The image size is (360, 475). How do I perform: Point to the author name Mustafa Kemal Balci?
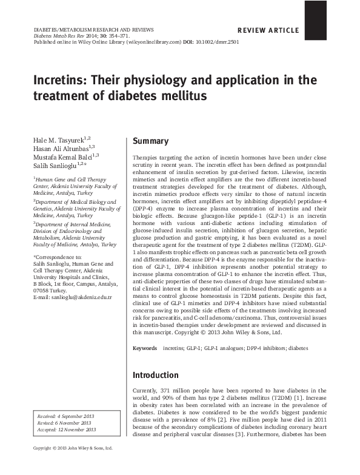point(59,157)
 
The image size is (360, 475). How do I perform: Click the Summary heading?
point(150,141)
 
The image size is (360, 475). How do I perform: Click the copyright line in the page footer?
point(72,465)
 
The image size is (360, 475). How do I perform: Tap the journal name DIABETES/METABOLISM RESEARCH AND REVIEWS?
point(93,29)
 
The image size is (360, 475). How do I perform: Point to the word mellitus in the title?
point(184,96)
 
